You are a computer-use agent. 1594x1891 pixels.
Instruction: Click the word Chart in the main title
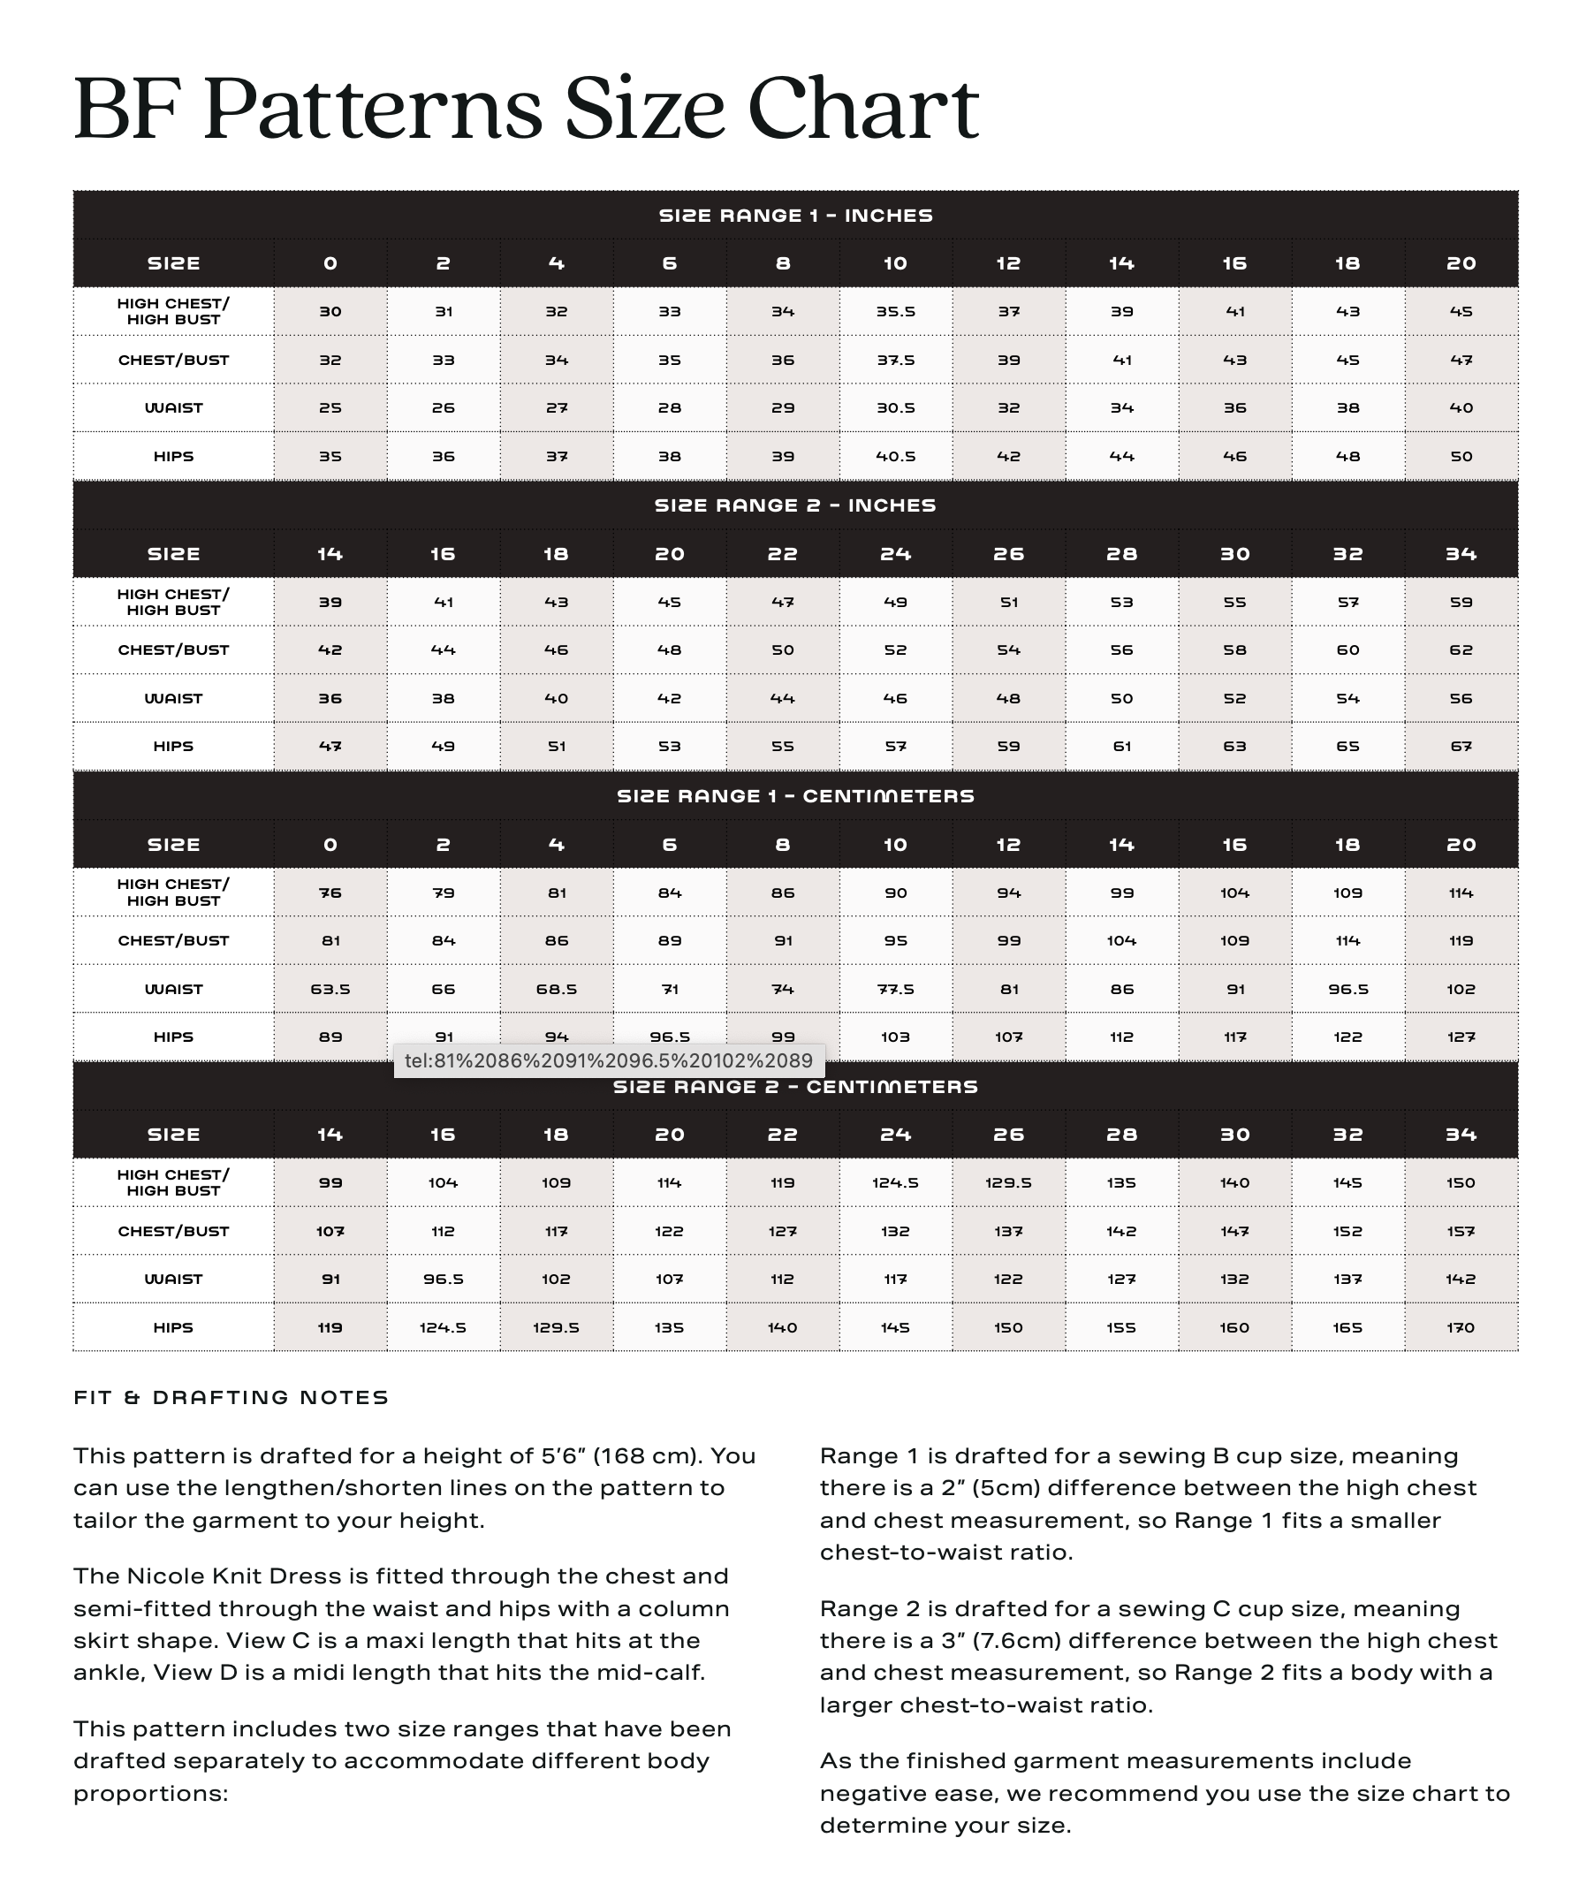point(863,110)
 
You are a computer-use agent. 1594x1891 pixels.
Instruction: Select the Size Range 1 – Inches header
point(795,215)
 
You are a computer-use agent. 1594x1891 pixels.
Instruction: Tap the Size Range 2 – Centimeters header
point(795,1087)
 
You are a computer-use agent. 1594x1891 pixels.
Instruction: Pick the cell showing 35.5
point(895,312)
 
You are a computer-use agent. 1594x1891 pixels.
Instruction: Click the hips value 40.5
point(895,456)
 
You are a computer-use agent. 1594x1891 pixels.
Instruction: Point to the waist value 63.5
point(330,990)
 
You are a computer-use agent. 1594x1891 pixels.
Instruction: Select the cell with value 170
point(1461,1327)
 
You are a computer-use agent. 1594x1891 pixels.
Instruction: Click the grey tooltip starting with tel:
point(608,1060)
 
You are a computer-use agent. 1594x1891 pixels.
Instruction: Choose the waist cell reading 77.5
point(895,990)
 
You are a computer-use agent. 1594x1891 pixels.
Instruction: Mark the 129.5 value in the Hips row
point(557,1327)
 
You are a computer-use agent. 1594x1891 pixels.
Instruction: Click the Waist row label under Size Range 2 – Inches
point(173,698)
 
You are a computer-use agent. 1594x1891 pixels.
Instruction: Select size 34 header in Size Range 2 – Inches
point(1461,554)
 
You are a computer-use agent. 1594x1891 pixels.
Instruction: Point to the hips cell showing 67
point(1461,747)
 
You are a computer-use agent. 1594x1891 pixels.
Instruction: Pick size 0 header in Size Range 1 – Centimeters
point(330,845)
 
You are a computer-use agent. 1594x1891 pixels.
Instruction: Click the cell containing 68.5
point(557,990)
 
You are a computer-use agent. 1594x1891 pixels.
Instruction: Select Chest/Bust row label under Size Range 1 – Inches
point(173,360)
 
